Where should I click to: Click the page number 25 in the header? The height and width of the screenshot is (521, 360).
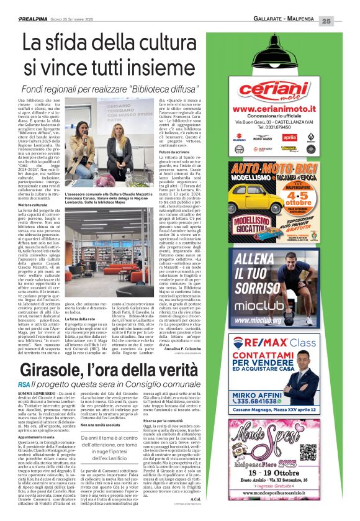[x=344, y=21]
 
